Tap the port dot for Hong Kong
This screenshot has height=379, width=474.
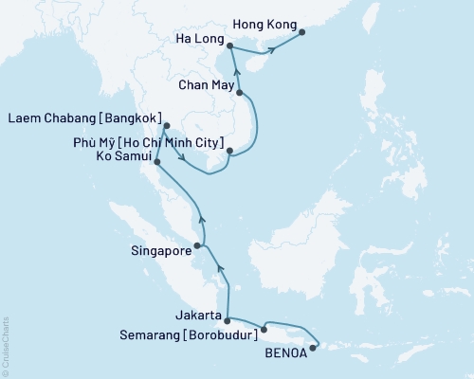[x=302, y=33]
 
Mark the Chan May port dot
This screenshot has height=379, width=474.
[x=240, y=93]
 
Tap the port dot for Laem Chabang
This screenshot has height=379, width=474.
[x=165, y=125]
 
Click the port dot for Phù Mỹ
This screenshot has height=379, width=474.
[x=229, y=150]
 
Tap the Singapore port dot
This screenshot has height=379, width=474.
[x=197, y=246]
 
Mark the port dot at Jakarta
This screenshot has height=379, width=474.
[x=227, y=320]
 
